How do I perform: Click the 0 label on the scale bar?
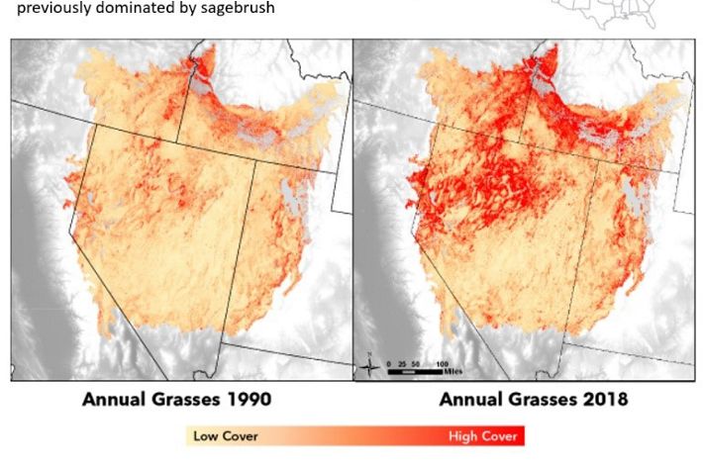coord(389,363)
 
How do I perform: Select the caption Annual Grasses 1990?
coord(176,400)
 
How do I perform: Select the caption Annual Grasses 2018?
coord(534,400)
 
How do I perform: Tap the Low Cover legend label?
coord(220,435)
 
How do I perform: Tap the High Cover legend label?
coord(484,435)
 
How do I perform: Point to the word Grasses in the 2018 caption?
coord(543,400)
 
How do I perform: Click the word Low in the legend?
coord(205,435)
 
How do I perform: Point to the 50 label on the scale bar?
coord(415,363)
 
